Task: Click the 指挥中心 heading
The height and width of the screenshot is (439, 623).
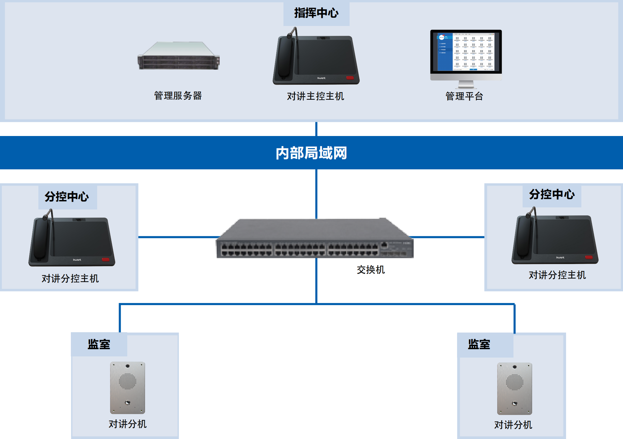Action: point(316,13)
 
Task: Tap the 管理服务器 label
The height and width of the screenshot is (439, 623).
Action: point(178,96)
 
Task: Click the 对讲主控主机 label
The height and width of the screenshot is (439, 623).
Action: point(315,96)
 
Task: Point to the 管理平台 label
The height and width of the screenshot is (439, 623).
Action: point(464,96)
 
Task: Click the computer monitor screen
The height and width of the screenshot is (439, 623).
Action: point(466,52)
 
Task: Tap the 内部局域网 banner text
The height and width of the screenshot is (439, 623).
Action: point(311,153)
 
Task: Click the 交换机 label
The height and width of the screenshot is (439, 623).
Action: point(371,270)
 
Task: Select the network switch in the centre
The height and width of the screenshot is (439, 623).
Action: point(315,239)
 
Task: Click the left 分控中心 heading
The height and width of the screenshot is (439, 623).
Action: point(67,197)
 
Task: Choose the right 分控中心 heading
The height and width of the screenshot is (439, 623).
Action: point(552,194)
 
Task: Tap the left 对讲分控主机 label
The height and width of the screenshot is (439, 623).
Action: point(70,279)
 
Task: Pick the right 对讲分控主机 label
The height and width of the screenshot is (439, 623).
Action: point(557,275)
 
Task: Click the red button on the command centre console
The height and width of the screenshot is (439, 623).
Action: point(350,78)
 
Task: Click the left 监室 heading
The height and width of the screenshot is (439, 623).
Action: point(99,344)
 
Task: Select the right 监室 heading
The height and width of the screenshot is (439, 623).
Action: point(479,344)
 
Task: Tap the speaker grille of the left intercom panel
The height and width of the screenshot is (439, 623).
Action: point(128,381)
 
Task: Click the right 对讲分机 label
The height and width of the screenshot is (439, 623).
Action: point(513,425)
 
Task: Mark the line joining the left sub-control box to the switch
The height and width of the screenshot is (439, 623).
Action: point(177,237)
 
